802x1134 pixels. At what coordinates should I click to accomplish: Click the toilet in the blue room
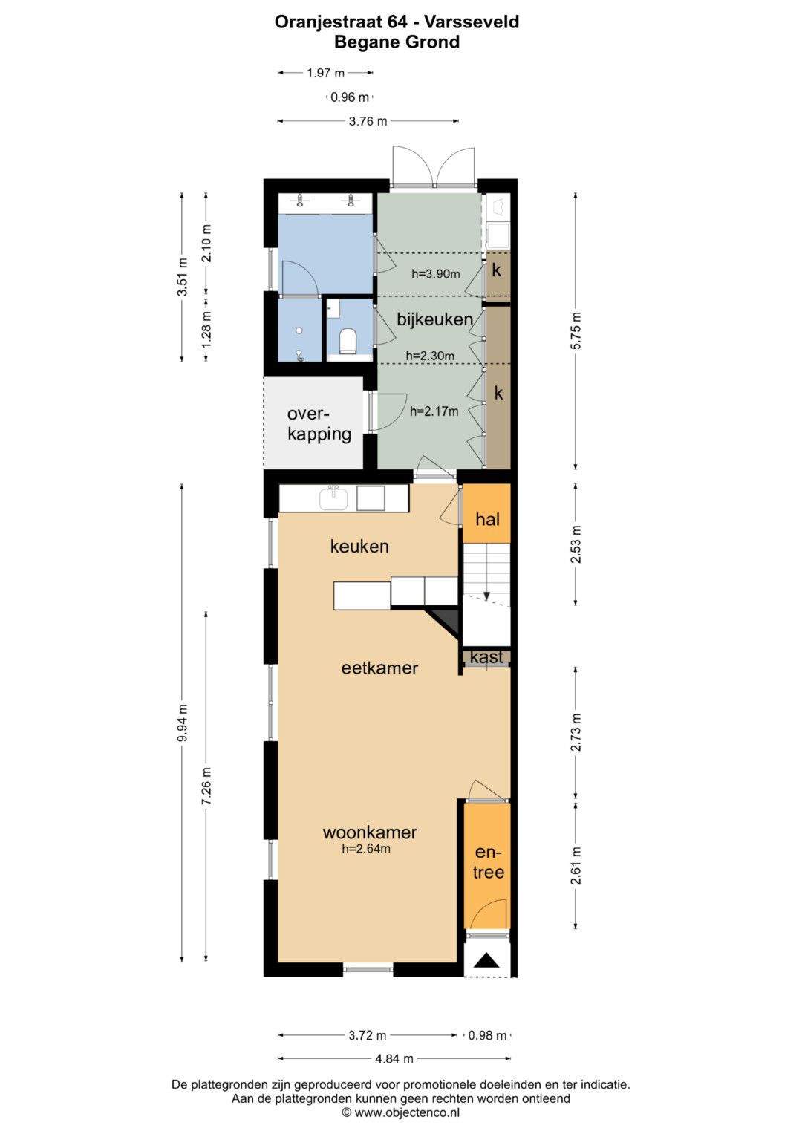(348, 341)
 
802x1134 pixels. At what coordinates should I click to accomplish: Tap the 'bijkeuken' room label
(435, 319)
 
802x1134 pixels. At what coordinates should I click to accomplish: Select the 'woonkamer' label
(370, 832)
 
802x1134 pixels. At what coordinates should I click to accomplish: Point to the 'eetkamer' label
(379, 668)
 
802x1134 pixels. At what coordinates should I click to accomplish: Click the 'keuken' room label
(359, 547)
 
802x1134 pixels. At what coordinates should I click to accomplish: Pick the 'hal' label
(488, 519)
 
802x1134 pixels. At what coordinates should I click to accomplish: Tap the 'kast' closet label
(487, 657)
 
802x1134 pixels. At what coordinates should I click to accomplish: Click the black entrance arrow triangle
(487, 960)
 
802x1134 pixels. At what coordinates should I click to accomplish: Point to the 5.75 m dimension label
(576, 330)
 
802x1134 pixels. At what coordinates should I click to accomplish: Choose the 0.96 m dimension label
(350, 97)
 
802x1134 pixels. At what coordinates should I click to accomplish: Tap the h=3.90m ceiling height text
(435, 274)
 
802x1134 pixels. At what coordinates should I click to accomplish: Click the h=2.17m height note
(434, 411)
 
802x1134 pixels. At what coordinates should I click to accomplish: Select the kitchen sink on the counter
(333, 498)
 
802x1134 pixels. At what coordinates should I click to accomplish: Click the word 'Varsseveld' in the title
(472, 22)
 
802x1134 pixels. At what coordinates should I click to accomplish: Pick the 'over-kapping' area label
(319, 424)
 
